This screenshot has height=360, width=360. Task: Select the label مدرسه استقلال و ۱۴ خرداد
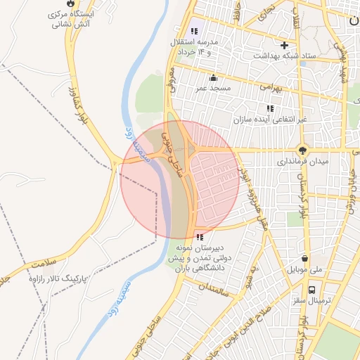pos(194,47)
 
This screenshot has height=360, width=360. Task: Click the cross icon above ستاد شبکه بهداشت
pos(284,45)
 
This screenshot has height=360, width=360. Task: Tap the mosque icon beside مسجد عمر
pos(213,78)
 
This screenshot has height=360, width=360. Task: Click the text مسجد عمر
pos(214,89)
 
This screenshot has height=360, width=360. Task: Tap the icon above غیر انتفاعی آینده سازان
pos(269,108)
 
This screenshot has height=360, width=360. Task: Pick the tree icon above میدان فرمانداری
pos(303,150)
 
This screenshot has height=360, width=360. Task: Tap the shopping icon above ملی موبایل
pos(304,258)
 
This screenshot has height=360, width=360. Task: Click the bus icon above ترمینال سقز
pos(311,288)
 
